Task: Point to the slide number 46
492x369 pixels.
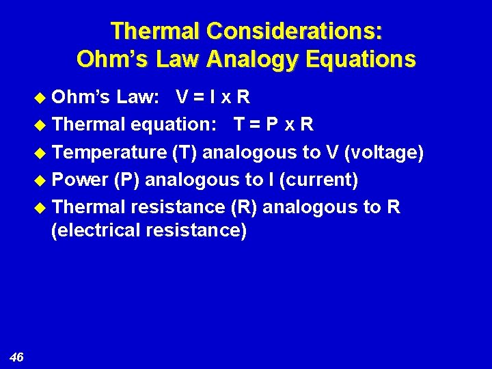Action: tap(17, 357)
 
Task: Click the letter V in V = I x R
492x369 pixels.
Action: tap(182, 98)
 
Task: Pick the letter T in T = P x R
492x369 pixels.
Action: tap(240, 125)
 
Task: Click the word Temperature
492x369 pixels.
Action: tap(109, 152)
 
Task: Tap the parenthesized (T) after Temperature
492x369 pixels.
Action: tap(185, 152)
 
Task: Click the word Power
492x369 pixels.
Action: tap(80, 180)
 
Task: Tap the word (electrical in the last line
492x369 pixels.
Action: tap(96, 230)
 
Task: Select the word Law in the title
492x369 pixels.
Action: tap(158, 59)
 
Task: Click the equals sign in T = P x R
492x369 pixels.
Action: tap(258, 125)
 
